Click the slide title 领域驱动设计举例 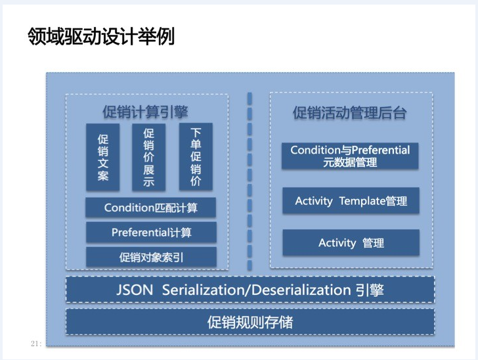(101, 36)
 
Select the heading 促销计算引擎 (145, 112)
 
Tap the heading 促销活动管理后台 (350, 112)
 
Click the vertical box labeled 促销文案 (102, 157)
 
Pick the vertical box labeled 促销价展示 (149, 157)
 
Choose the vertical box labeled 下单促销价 (196, 156)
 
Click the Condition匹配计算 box (150, 208)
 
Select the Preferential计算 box (151, 233)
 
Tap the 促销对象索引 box (151, 257)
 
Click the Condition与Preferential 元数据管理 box (350, 156)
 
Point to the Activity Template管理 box (351, 201)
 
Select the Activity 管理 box (351, 242)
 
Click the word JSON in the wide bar (135, 290)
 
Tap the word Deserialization (301, 290)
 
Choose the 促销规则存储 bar (250, 322)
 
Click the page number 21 (35, 344)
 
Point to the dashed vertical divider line (250, 181)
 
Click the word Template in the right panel (362, 201)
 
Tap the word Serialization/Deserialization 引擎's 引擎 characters (370, 290)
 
